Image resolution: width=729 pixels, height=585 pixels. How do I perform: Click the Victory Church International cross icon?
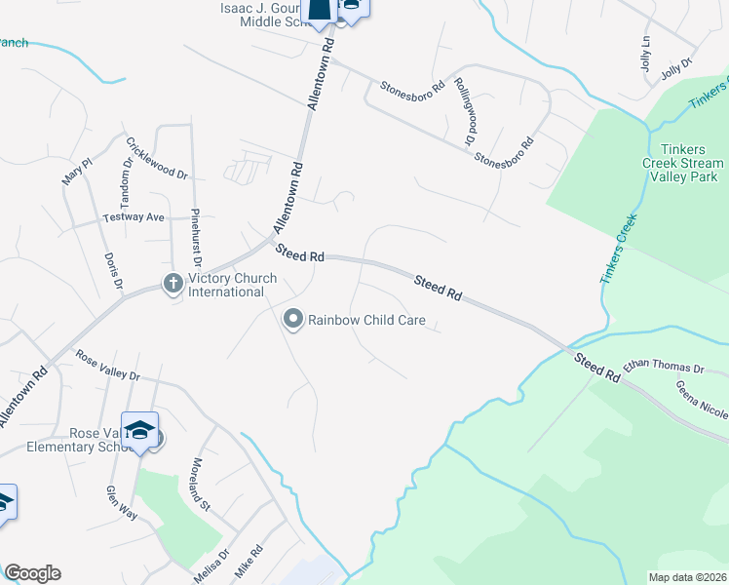(173, 284)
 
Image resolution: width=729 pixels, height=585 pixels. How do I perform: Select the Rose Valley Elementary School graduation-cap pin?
(139, 431)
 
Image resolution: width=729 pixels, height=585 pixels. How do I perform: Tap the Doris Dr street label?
(112, 270)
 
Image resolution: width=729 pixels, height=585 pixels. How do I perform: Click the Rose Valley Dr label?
(107, 367)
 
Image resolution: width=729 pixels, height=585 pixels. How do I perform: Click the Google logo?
(32, 573)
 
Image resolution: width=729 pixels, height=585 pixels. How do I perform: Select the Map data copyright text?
(688, 577)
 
